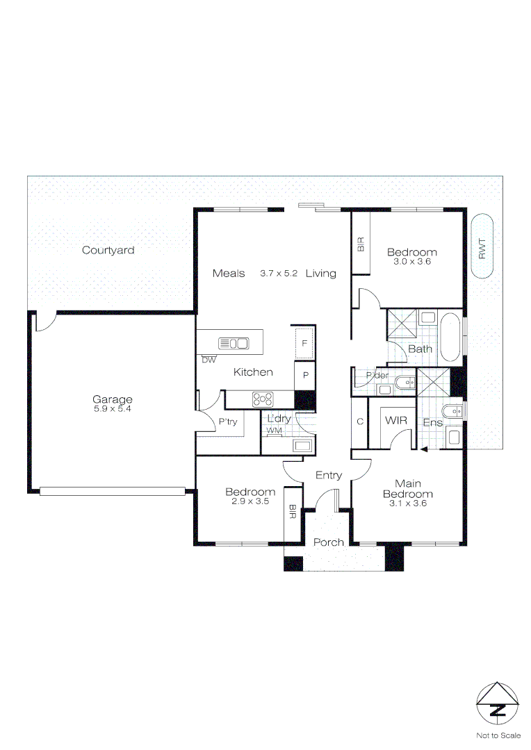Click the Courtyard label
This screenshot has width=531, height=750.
click(108, 250)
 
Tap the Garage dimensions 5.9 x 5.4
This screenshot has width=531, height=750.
click(112, 409)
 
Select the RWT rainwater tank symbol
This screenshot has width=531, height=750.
click(482, 247)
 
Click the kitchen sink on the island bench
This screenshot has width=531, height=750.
click(234, 343)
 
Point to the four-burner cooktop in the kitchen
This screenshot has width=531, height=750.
click(264, 399)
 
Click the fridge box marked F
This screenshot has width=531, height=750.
click(304, 342)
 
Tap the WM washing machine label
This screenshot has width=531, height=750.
click(275, 431)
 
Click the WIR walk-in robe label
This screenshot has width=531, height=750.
click(396, 421)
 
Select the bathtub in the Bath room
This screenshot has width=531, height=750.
click(450, 338)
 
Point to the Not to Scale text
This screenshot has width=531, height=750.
click(498, 735)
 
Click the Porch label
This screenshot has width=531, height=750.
click(328, 542)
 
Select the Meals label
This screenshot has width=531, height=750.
click(229, 274)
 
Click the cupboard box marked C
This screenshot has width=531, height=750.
click(360, 422)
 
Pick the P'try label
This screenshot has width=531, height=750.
click(227, 422)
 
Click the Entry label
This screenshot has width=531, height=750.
click(329, 475)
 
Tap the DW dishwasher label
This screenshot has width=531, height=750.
click(209, 360)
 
